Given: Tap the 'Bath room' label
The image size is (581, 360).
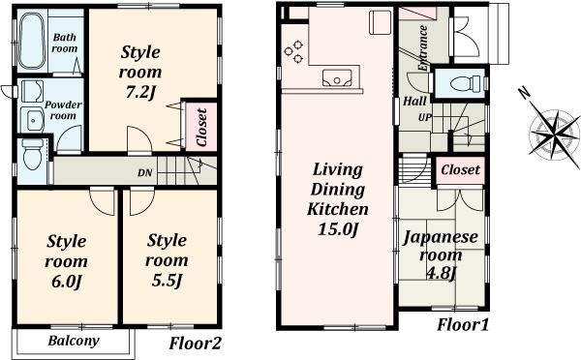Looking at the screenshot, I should click(x=65, y=41).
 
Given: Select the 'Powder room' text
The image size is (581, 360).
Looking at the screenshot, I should click(x=62, y=108).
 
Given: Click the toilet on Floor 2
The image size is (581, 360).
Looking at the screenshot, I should click(x=32, y=154).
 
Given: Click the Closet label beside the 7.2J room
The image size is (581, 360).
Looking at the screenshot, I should click(x=201, y=127).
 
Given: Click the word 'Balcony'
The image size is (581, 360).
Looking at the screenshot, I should click(x=74, y=342).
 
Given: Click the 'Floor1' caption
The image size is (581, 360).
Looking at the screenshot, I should click(x=462, y=324).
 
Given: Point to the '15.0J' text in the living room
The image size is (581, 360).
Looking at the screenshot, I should click(x=337, y=229).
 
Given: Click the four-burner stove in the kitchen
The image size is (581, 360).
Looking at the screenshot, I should click(x=294, y=49).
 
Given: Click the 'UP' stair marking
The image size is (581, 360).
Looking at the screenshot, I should click(x=423, y=118).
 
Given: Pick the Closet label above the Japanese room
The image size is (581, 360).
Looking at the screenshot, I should click(x=459, y=169).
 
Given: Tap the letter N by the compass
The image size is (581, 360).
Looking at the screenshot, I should click(x=524, y=93).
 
